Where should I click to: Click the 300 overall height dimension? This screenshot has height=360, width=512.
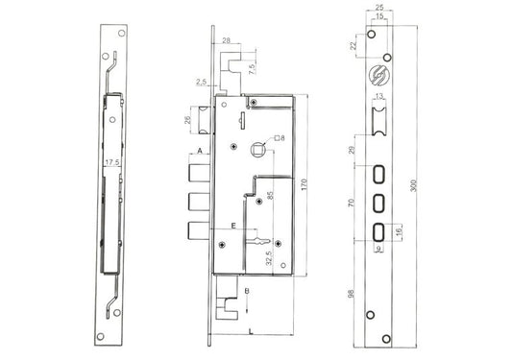pyautogui.click(x=413, y=185)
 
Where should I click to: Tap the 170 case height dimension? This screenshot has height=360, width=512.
pyautogui.click(x=305, y=184)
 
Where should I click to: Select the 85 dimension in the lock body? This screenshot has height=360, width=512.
pyautogui.click(x=270, y=195)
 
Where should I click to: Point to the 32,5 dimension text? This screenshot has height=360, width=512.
pyautogui.click(x=269, y=257)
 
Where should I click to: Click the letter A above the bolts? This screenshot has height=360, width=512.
pyautogui.click(x=201, y=151)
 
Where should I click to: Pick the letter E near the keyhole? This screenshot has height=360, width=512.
pyautogui.click(x=233, y=226)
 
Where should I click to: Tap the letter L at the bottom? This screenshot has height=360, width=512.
pyautogui.click(x=251, y=332)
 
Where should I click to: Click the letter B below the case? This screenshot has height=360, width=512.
pyautogui.click(x=247, y=291)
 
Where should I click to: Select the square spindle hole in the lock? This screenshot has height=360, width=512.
pyautogui.click(x=257, y=150)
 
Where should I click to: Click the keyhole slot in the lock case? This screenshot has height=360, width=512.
pyautogui.click(x=259, y=241)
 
